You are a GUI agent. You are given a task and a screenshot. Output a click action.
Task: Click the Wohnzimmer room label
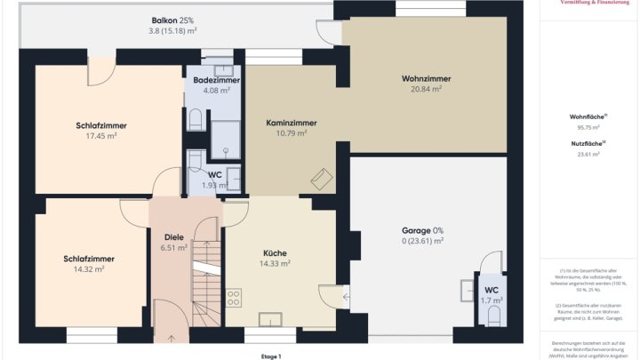tap(426, 78)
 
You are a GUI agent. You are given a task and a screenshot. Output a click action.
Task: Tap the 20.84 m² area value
tap(426, 89)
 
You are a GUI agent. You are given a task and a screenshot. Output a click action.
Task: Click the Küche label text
tap(274, 253)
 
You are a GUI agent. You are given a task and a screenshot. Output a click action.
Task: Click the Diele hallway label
tap(173, 236)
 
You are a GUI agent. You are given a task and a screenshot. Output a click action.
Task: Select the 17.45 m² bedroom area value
tap(102, 136)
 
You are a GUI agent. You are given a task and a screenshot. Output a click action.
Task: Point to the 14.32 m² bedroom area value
tap(89, 269)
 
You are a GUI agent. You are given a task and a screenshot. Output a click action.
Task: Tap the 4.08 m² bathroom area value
tap(216, 90)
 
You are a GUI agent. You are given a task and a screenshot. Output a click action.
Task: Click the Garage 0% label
tap(422, 230)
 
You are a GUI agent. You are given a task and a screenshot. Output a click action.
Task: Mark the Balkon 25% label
tap(172, 20)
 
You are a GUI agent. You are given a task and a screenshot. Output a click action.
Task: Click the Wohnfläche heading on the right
tap(588, 116)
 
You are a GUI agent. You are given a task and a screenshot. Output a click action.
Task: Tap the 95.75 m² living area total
tap(588, 127)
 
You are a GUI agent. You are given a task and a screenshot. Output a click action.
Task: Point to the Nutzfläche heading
tap(588, 143)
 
